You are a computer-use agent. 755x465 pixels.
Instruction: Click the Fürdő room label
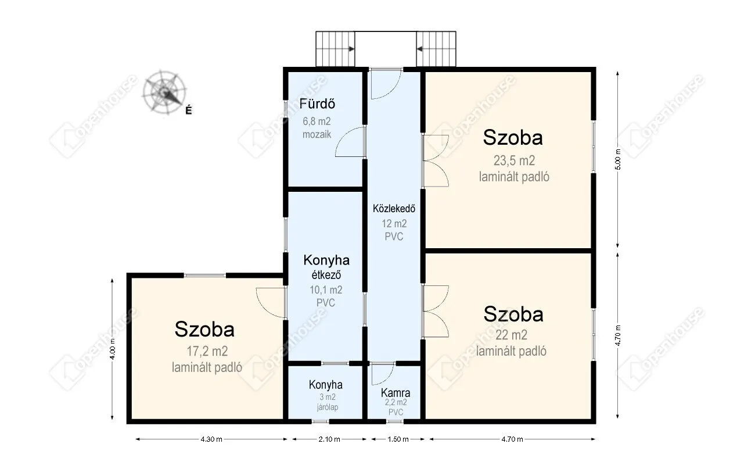coord(317,103)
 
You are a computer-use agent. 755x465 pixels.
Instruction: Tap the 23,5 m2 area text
coord(514,160)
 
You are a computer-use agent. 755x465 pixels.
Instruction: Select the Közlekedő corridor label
coord(394,209)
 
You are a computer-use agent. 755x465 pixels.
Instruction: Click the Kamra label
coord(396,393)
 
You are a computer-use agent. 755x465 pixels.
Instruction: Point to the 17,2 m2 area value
coord(207,351)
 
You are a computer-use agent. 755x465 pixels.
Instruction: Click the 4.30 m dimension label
coord(211,439)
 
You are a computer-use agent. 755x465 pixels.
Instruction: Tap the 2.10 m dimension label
coord(329,439)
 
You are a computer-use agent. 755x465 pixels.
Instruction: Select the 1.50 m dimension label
coord(398,439)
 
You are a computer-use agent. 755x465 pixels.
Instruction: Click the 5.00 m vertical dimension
coord(618,159)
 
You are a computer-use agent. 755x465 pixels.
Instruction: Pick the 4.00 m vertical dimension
coord(113,349)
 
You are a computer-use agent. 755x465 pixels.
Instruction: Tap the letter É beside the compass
coord(189,110)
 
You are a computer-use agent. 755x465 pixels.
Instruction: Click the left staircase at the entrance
coord(335,49)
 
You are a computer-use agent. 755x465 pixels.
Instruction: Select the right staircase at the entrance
coord(436,49)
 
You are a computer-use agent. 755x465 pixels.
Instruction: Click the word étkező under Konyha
coord(326,275)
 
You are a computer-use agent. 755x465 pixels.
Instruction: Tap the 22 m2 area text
coord(511,335)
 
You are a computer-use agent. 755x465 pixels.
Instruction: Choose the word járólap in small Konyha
coord(328,407)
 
